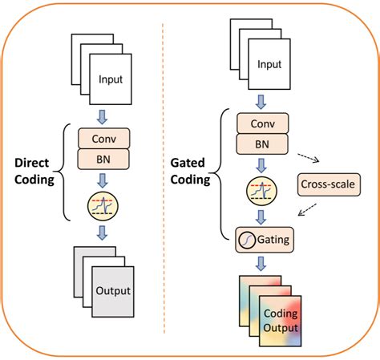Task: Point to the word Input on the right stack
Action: click(x=269, y=63)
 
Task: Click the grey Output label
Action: click(x=112, y=290)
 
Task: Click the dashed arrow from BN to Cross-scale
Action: click(x=306, y=157)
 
